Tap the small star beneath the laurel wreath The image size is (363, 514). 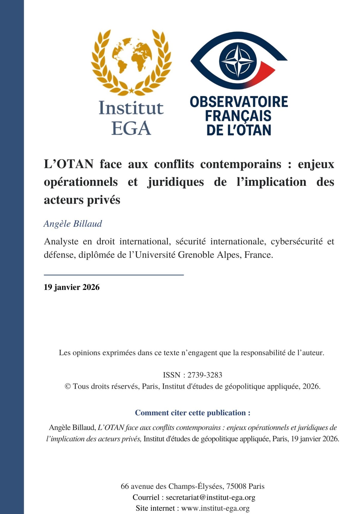click(131, 90)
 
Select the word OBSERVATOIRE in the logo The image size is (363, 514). click(239, 102)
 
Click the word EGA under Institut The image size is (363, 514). click(131, 128)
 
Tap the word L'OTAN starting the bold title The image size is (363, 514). click(69, 164)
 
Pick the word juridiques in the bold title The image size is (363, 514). click(175, 182)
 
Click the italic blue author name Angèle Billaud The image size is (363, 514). click(73, 224)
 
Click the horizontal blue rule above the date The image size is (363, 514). click(114, 275)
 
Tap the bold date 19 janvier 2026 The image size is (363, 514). click(72, 287)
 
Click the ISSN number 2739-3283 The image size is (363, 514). click(205, 375)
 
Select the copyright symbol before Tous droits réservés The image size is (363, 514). click(68, 386)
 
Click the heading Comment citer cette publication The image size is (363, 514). click(193, 413)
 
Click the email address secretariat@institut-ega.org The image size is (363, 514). click(211, 497)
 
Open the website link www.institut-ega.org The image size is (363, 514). click(215, 508)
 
